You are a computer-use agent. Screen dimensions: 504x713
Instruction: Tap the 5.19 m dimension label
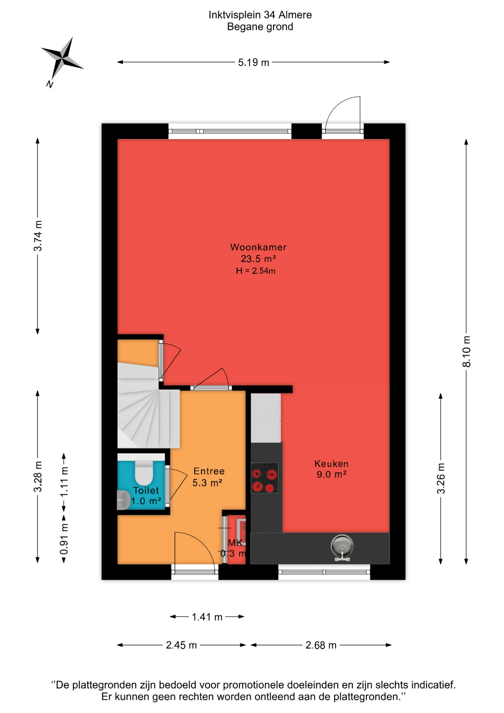point(253,62)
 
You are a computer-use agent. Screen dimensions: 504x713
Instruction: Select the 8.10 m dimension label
point(467,351)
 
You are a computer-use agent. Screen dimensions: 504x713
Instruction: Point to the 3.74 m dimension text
point(38,235)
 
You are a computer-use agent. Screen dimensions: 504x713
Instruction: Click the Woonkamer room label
point(258,247)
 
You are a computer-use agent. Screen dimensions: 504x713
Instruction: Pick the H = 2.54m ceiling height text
point(256,271)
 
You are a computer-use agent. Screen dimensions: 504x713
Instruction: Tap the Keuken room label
point(331,463)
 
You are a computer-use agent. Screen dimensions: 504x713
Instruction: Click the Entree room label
point(209,471)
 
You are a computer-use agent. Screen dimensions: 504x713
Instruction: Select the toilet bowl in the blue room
point(144,472)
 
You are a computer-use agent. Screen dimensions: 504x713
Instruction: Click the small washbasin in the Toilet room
point(123,500)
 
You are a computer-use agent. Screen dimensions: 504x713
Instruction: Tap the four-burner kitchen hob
point(265,478)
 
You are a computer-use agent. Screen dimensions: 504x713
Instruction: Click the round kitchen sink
point(342,547)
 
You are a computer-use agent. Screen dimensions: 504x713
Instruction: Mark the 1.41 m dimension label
point(207,617)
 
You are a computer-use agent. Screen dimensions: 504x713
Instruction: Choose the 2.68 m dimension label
point(321,645)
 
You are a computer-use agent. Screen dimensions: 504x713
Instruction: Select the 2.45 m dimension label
point(181,645)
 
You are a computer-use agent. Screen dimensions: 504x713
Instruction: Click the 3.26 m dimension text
point(441,478)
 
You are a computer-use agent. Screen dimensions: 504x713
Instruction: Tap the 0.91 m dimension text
point(64,539)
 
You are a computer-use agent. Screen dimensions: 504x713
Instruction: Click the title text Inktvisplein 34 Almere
point(260,15)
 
